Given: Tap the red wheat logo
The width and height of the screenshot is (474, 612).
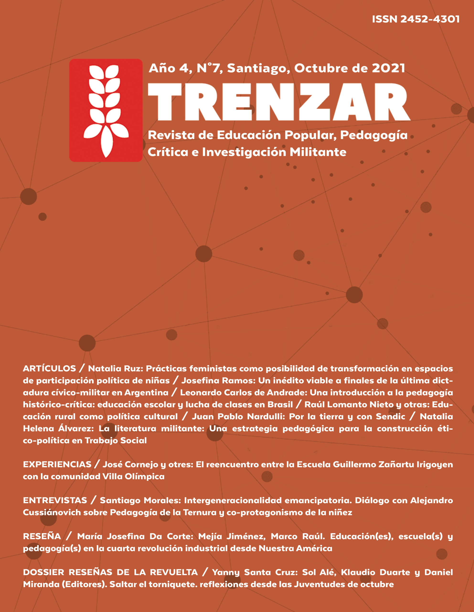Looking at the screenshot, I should (x=106, y=110).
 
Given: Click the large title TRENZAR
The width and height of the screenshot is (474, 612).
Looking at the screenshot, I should (x=279, y=102).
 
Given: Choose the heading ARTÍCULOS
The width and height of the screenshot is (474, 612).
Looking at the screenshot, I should (x=49, y=368).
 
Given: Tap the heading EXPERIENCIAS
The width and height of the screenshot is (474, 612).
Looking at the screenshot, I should (x=57, y=464).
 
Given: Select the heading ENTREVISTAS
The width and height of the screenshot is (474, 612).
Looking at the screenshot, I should (x=55, y=500).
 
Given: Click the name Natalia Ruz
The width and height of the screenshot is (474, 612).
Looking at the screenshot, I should (x=115, y=368).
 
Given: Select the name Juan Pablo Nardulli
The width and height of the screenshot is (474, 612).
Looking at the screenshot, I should (x=238, y=416).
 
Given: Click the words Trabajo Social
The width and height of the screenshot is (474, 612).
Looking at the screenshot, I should (x=116, y=441).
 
